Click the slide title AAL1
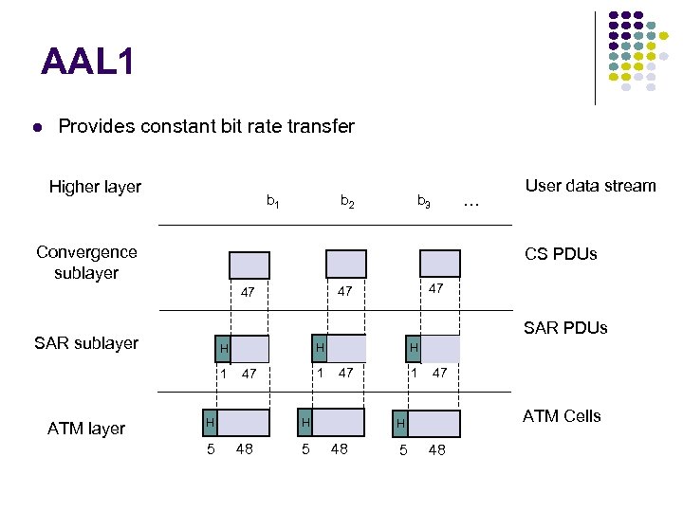88,63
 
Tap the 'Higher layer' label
95,187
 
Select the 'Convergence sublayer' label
86,263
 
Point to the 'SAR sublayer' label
86,343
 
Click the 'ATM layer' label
86,429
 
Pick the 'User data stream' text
590,186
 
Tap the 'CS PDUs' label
562,254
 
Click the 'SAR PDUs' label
566,328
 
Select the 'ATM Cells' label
562,416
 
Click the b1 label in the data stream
272,201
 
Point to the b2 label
348,201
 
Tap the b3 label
424,201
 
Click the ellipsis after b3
471,202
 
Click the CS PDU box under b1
249,265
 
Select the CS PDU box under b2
345,264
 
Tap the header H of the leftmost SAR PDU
222,349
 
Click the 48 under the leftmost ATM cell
245,448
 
